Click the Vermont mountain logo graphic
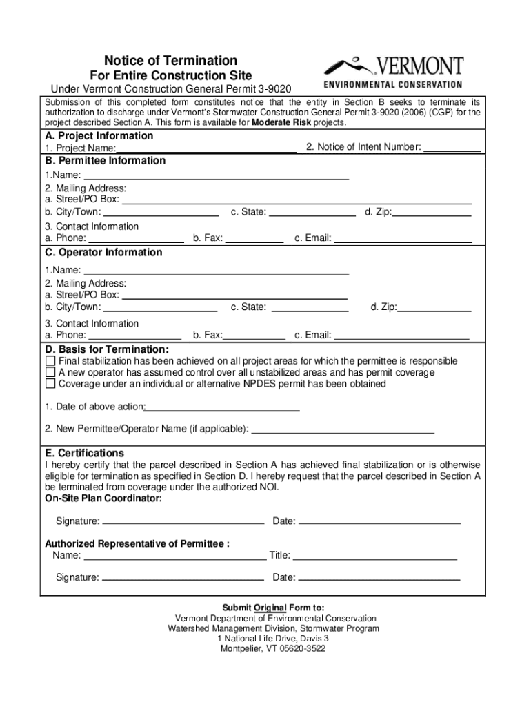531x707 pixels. point(350,66)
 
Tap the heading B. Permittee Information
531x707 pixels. point(105,161)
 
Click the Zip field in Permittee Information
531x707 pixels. point(432,211)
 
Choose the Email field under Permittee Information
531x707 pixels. point(403,238)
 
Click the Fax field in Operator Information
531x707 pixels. point(254,335)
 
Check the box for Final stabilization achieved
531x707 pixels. point(50,361)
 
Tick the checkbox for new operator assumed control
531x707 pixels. point(50,372)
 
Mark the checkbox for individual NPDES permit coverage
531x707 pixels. point(50,383)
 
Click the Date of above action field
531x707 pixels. point(222,407)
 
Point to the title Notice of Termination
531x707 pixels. point(170,60)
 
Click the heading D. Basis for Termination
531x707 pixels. point(107,349)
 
